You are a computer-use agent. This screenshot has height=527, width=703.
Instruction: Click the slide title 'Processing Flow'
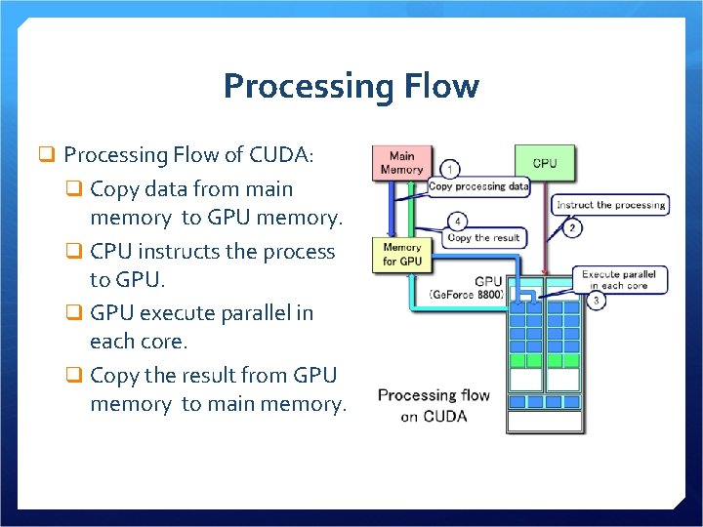click(x=351, y=86)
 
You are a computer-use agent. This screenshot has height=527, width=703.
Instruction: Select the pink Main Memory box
click(x=401, y=162)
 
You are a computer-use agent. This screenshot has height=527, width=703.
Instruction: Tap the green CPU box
click(x=545, y=163)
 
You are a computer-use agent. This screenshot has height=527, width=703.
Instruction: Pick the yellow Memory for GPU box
click(x=402, y=255)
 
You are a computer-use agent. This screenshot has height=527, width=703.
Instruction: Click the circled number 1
click(x=450, y=169)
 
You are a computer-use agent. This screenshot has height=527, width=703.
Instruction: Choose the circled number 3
click(x=597, y=302)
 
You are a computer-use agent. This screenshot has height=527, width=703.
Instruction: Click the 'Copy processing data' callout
click(x=478, y=186)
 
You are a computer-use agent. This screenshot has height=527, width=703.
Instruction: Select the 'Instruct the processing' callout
click(x=610, y=205)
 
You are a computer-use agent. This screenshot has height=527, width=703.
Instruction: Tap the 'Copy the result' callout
click(x=484, y=238)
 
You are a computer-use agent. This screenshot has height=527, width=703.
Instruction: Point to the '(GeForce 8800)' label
click(x=467, y=294)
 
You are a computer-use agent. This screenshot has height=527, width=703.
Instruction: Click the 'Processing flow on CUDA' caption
click(x=434, y=406)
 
